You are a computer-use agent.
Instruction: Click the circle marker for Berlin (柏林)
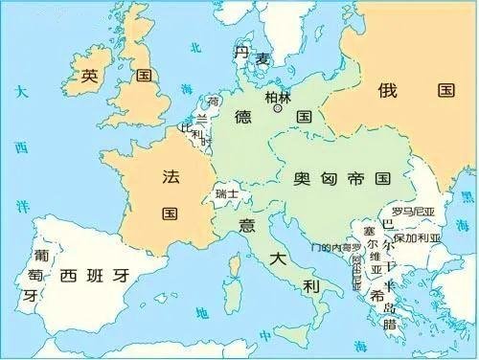(x=278, y=110)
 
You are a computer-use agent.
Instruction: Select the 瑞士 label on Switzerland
(x=227, y=193)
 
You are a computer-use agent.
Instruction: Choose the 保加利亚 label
(x=416, y=236)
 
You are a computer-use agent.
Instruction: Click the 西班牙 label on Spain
(x=94, y=277)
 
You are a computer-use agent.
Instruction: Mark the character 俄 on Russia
(x=386, y=91)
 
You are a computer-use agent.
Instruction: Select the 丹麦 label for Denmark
(x=250, y=56)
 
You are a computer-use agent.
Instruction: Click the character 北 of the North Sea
(x=195, y=47)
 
